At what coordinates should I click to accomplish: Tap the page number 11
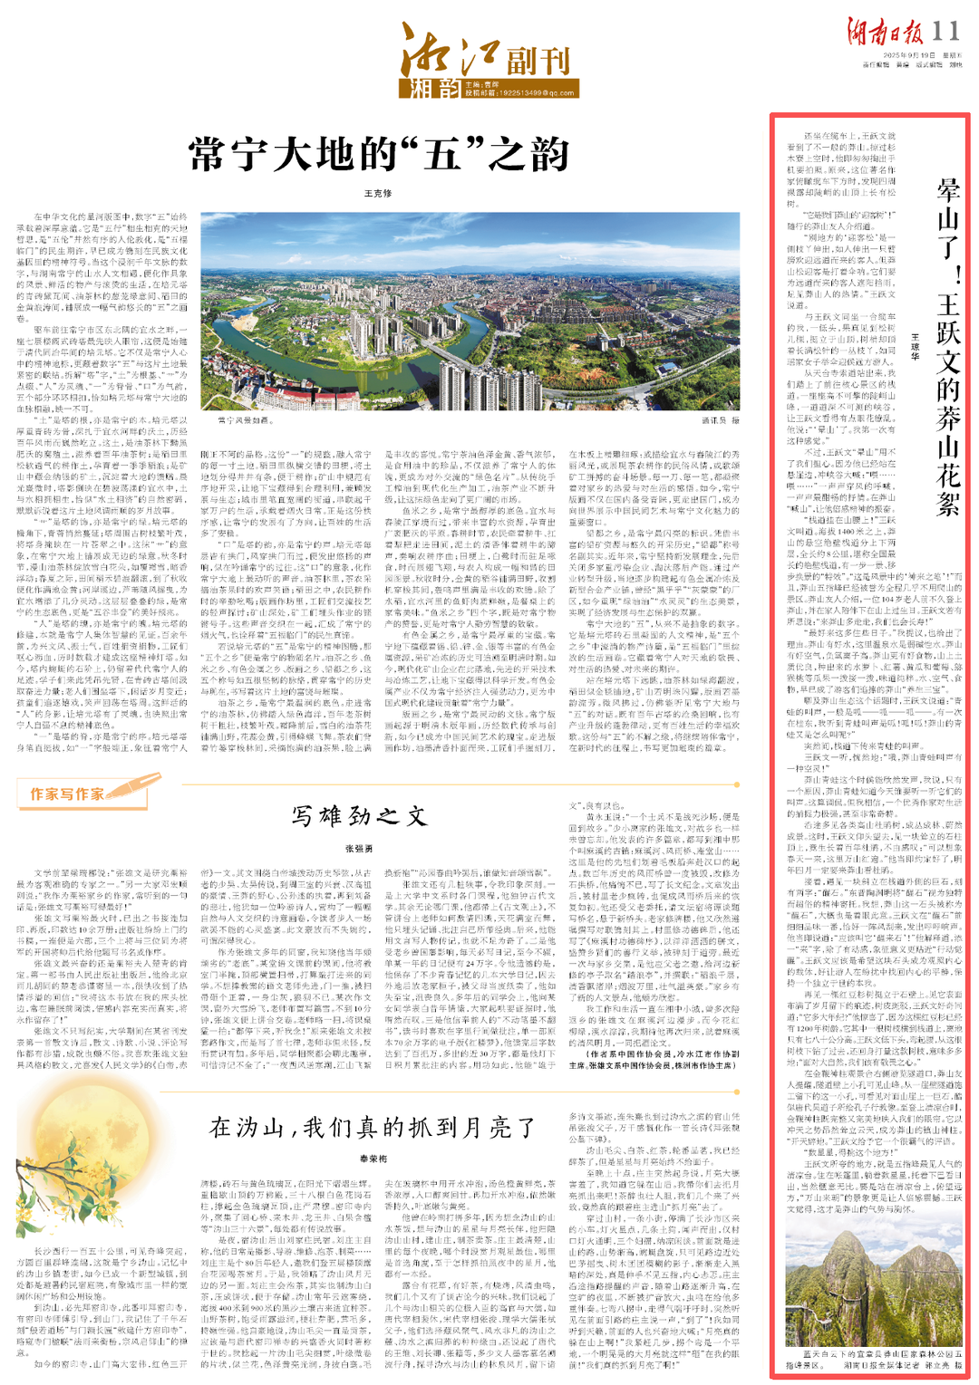tap(945, 32)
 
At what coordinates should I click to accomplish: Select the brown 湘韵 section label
tap(429, 88)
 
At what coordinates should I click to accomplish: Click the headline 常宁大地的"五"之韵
tap(379, 154)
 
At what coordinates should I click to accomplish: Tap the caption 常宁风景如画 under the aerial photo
tap(245, 420)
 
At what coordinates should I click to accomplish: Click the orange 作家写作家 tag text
tap(67, 793)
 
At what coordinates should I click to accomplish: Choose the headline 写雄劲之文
tap(359, 816)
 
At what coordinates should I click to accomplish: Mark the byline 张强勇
tap(359, 849)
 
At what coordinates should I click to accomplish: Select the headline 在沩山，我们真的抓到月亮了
tap(373, 1128)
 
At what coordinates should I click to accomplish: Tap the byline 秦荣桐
tap(373, 1159)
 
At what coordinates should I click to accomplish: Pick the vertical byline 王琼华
tap(915, 346)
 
